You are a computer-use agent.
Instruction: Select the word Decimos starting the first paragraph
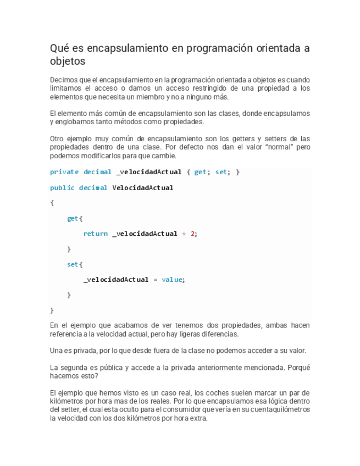[x=64, y=80]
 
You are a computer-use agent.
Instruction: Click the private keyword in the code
[x=64, y=172]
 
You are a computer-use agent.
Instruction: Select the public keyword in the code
[x=62, y=187]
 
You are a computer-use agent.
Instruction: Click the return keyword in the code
[x=95, y=234]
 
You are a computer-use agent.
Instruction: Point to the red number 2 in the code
[x=192, y=234]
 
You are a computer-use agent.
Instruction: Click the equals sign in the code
[x=155, y=280]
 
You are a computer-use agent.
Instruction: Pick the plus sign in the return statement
[x=184, y=234]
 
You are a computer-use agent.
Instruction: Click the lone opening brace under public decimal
[x=52, y=203]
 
